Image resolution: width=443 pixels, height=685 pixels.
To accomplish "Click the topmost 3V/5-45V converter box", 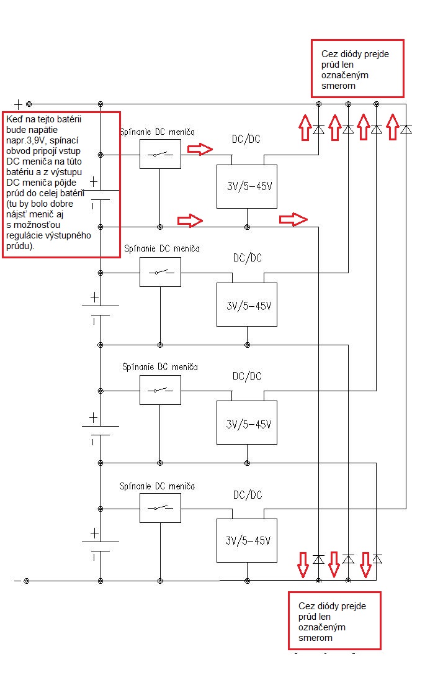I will (247, 186).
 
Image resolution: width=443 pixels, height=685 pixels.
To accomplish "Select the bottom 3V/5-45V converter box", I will (247, 540).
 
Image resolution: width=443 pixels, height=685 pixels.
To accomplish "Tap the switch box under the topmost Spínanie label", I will (160, 154).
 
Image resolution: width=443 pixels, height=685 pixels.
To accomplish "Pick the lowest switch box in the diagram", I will (160, 508).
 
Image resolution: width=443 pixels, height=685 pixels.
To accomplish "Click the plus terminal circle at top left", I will (28, 104).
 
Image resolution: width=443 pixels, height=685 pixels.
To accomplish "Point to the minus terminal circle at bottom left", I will (27, 581).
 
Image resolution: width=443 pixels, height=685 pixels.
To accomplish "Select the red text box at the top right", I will (357, 68).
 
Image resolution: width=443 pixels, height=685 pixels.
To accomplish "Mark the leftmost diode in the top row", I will (318, 129).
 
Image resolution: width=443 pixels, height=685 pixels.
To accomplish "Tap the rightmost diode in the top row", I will (406, 129).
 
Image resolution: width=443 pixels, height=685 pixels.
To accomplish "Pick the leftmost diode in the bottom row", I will (318, 559).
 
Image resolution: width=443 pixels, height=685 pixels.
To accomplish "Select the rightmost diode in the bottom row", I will (376, 559).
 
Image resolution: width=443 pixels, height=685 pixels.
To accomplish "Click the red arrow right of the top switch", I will (200, 149).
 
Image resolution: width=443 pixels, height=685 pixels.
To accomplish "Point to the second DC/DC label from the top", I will (247, 258).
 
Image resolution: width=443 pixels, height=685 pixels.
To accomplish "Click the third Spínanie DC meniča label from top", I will (160, 367).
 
